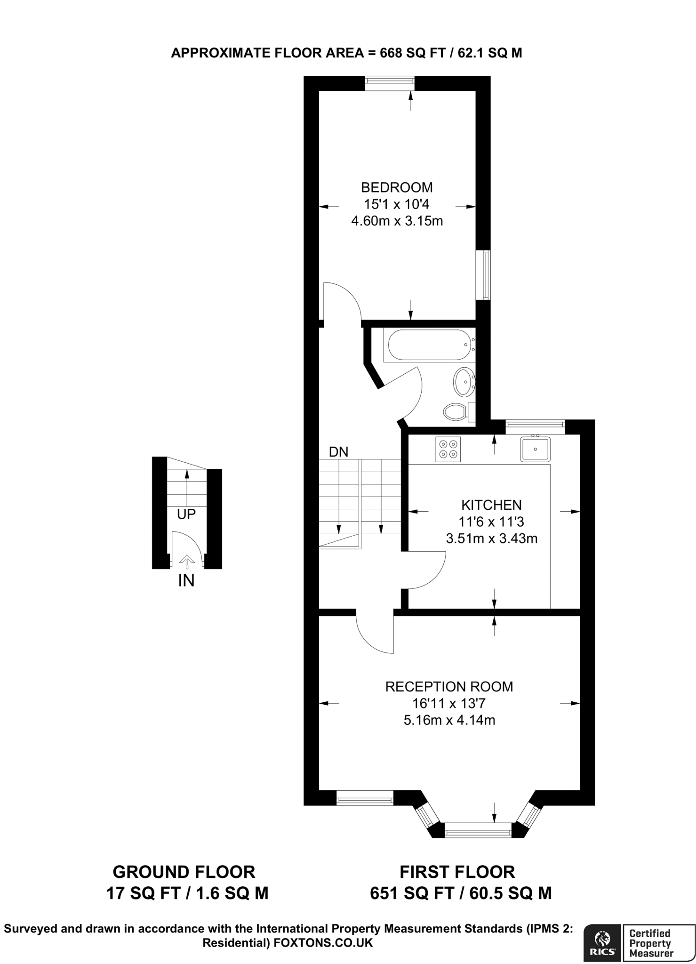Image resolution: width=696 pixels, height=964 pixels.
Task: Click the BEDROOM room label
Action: [397, 187]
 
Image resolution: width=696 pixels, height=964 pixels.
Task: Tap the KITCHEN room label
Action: [491, 505]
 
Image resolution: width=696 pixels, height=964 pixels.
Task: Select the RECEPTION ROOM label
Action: [449, 687]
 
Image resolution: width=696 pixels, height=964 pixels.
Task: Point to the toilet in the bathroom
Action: [458, 412]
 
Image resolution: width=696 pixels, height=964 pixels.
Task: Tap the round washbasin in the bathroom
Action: [464, 381]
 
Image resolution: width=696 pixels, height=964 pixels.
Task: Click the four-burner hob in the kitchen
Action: [448, 449]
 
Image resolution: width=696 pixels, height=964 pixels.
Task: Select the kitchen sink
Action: [535, 449]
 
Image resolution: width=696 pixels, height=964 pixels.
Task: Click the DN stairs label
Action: [338, 452]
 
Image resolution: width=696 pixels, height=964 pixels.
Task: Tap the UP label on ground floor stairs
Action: [186, 514]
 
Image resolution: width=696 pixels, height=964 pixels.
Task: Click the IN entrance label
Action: [186, 581]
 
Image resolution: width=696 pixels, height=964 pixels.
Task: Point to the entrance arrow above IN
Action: [187, 562]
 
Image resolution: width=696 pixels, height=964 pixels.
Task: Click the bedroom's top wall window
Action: [390, 83]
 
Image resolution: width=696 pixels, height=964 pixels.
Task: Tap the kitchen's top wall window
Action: [535, 427]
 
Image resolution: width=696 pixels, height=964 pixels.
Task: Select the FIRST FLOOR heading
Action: [457, 872]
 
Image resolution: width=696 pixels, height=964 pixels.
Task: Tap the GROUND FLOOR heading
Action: [184, 872]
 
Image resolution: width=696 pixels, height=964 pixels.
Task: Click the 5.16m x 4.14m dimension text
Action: [449, 720]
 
